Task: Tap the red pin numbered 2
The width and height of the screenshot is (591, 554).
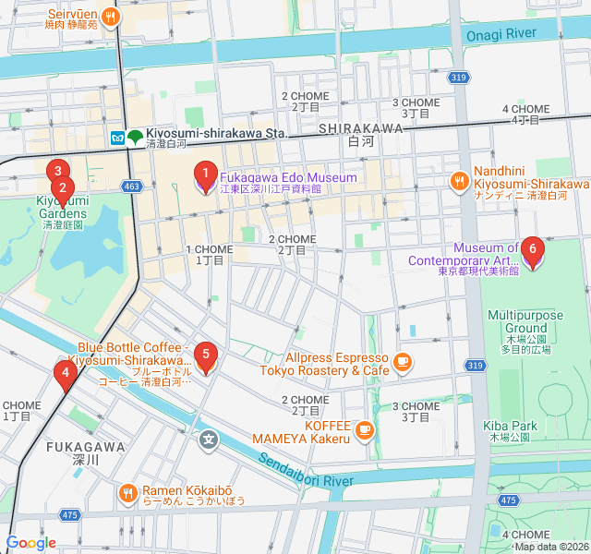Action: pos(62,189)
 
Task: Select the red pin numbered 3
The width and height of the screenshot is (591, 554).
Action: pos(58,172)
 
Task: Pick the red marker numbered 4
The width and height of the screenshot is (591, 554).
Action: pos(65,374)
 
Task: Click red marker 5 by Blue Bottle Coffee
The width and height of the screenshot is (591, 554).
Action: pos(206,354)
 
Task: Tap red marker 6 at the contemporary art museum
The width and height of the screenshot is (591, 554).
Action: pos(532,248)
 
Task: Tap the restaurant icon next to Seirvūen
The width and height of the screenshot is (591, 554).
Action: pos(110,16)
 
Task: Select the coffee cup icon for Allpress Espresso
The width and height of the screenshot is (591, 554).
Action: pos(402,363)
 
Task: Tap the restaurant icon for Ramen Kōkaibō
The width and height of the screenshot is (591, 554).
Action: pos(127,494)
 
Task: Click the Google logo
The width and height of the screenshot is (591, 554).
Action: pos(30,543)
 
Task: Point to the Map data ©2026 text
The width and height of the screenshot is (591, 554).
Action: pos(549,547)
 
